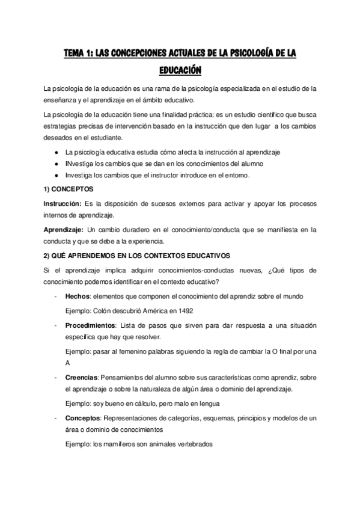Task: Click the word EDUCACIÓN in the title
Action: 180,70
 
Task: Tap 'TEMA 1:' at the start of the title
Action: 81,54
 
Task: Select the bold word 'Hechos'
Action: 78,296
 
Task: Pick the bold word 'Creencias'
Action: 81,378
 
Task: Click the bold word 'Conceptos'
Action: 82,417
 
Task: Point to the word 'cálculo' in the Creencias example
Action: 144,404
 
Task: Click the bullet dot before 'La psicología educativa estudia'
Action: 56,152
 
